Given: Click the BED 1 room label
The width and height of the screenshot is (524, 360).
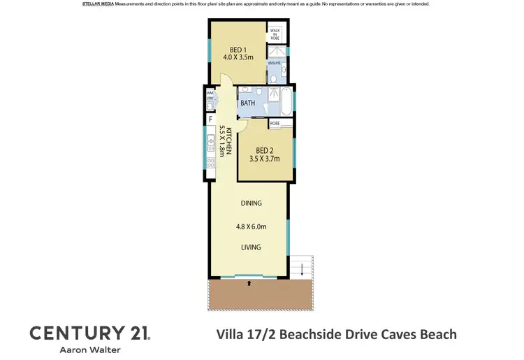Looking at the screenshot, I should (x=238, y=50).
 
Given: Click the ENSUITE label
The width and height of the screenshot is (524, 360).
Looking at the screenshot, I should (x=275, y=63).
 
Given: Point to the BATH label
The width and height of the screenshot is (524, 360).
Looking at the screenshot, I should (x=247, y=103).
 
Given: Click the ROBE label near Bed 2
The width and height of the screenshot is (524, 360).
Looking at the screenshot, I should (x=275, y=123).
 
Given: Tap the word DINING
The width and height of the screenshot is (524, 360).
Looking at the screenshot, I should (x=251, y=203).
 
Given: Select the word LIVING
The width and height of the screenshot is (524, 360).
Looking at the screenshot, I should (x=251, y=247).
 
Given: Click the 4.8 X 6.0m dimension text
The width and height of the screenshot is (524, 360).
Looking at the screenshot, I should (x=251, y=226).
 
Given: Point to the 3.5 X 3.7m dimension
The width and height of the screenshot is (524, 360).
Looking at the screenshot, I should (x=264, y=159).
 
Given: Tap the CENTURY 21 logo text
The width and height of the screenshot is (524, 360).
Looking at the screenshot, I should (x=88, y=333).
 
